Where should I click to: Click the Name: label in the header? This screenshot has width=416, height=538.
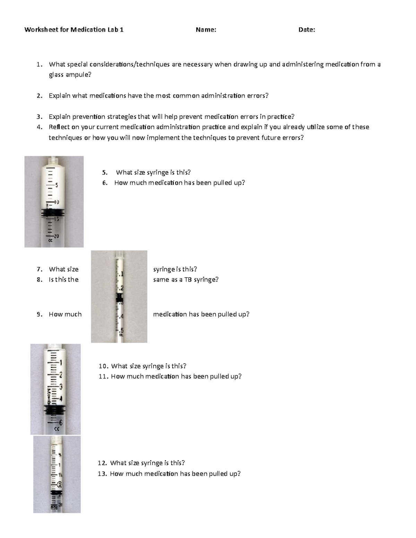pyautogui.click(x=206, y=30)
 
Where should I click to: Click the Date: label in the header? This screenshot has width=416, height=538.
pyautogui.click(x=307, y=30)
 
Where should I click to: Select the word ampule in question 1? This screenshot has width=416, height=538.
pyautogui.click(x=78, y=75)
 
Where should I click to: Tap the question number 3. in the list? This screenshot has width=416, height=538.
pyautogui.click(x=40, y=117)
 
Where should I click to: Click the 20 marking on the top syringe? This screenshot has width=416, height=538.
pyautogui.click(x=56, y=236)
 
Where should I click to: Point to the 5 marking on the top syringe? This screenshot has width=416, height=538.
pyautogui.click(x=57, y=185)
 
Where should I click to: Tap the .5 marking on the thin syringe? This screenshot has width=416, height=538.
pyautogui.click(x=122, y=330)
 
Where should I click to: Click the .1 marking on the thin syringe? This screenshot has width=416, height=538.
pyautogui.click(x=120, y=274)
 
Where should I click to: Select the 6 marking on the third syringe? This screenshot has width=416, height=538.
pyautogui.click(x=61, y=423)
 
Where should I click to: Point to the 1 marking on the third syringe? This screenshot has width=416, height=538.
pyautogui.click(x=61, y=363)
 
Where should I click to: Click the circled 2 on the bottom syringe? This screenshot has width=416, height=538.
pyautogui.click(x=60, y=485)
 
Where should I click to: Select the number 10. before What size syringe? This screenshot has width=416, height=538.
pyautogui.click(x=104, y=366)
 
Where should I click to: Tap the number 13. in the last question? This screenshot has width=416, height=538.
pyautogui.click(x=102, y=474)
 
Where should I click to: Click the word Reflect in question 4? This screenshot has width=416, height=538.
pyautogui.click(x=59, y=127)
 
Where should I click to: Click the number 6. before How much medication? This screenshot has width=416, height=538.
pyautogui.click(x=105, y=183)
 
